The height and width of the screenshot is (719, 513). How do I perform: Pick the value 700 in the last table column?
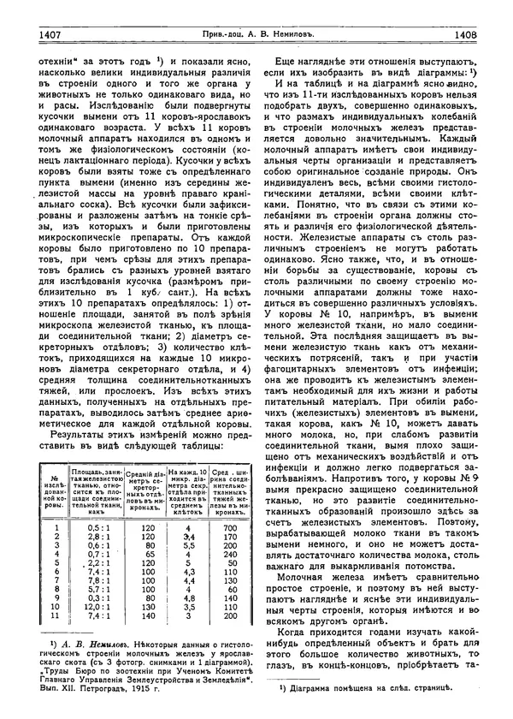coord(231,528)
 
